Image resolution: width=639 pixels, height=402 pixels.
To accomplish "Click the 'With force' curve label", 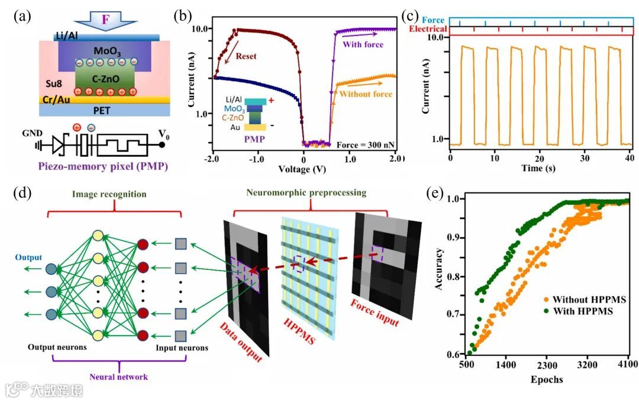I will pyautogui.click(x=363, y=44).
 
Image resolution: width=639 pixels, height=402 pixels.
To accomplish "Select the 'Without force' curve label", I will pyautogui.click(x=367, y=94).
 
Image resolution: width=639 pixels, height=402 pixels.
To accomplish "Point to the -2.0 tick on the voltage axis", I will pyautogui.click(x=210, y=159).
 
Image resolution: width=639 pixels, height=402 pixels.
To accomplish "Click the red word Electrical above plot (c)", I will pyautogui.click(x=429, y=29).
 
